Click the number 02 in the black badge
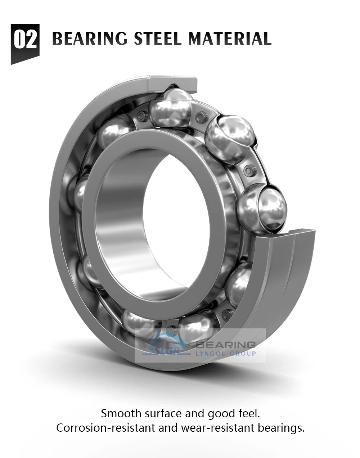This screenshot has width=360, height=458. [25, 40]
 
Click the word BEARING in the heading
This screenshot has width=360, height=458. [90, 39]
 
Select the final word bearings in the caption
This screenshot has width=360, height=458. [281, 428]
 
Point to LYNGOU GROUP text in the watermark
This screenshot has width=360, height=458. [225, 354]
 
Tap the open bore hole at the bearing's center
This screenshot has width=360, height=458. [176, 220]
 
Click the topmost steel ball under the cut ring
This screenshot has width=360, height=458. [171, 107]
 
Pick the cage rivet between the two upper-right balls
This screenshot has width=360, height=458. [248, 170]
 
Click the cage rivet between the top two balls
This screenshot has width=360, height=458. [200, 117]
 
